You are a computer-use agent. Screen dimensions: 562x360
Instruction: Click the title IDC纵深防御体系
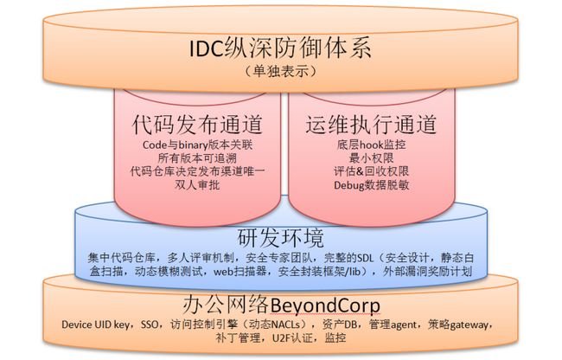281,48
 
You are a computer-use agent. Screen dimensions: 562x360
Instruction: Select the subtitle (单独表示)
281,71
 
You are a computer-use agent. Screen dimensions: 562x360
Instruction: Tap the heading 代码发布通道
197,124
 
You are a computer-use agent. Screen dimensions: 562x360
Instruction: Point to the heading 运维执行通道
371,124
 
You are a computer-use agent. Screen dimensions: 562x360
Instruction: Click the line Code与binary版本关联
197,145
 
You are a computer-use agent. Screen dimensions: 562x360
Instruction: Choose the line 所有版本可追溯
197,158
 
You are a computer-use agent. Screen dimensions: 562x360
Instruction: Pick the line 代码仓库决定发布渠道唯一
197,171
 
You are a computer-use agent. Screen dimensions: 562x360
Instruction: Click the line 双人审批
197,184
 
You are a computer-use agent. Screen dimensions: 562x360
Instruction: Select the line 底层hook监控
371,145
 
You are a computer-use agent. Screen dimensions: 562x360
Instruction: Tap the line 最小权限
371,158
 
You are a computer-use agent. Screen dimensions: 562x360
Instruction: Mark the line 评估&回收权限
371,171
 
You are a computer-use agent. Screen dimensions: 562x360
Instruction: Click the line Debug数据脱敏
371,185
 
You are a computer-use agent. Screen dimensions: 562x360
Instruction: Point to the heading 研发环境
281,238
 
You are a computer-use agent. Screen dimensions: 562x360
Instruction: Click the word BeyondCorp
325,305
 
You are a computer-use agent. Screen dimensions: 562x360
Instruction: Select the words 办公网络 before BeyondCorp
226,305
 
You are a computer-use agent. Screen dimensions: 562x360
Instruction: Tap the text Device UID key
96,325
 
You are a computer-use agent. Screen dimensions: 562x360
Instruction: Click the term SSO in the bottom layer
150,325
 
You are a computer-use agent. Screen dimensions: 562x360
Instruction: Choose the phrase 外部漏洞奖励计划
428,271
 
